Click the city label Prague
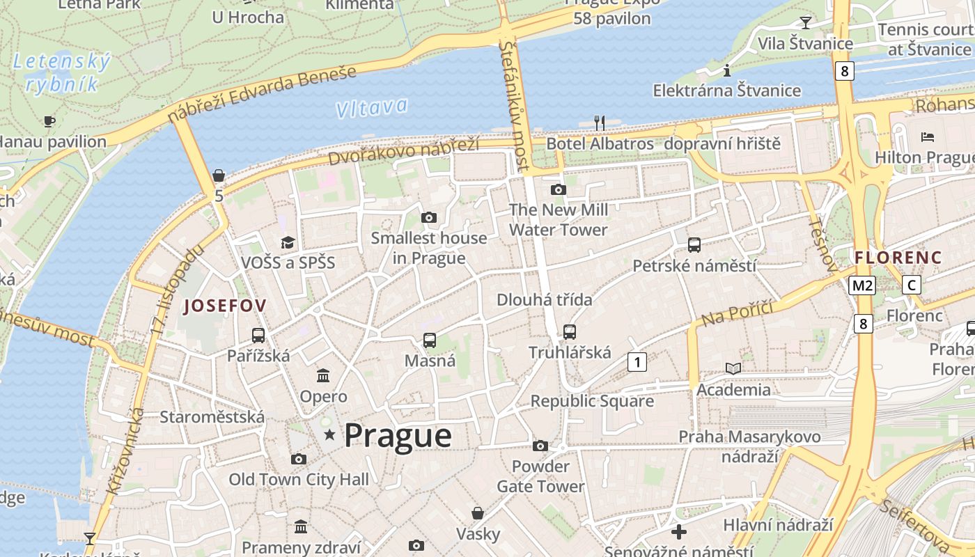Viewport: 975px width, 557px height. pos(398,436)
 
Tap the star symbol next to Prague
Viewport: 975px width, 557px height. pos(329,436)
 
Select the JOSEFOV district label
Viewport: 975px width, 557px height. pos(225,306)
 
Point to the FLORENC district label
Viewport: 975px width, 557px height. pos(898,257)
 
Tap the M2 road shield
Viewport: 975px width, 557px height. pos(862,285)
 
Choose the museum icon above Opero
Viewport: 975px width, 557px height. pos(323,376)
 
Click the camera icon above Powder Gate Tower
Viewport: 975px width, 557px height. pos(540,446)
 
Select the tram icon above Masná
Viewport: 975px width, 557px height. pos(430,340)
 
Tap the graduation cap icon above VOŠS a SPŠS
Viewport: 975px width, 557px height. pos(288,242)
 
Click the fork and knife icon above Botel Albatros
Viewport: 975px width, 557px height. pos(599,123)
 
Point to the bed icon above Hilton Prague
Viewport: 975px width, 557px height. pos(927,136)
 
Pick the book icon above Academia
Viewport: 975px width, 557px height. pos(733,368)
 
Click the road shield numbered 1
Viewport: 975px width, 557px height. pos(637,361)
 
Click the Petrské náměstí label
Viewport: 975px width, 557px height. pos(694,266)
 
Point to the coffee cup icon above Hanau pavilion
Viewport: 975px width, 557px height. pos(49,121)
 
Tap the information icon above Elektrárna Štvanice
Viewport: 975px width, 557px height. pos(726,70)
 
